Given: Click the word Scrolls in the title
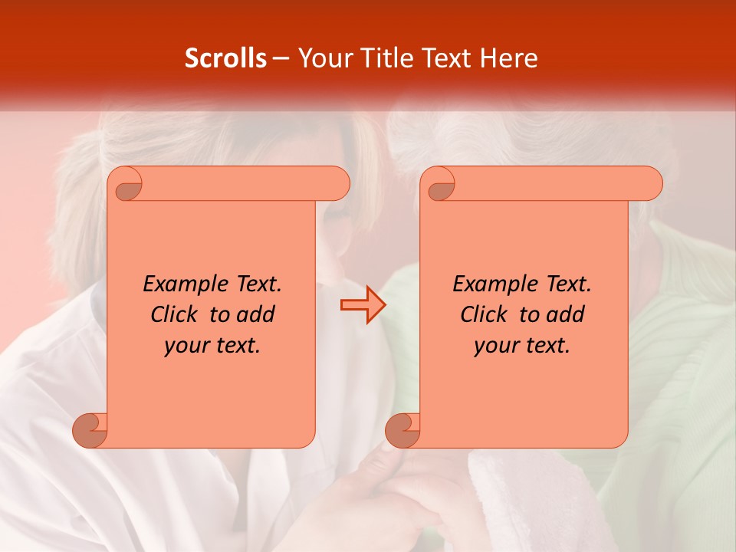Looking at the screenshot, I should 225,58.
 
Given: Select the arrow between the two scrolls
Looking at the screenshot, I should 363,305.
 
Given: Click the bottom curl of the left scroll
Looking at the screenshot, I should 90,431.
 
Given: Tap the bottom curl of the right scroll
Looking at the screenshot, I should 402,431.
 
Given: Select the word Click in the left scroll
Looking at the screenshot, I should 173,314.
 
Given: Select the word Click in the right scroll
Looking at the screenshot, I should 483,314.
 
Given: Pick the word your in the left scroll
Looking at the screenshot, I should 186,346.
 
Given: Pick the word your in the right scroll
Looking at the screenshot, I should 496,346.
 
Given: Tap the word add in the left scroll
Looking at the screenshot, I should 256,314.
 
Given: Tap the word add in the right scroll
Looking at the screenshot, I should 566,314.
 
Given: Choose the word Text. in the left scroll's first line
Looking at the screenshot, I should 255,284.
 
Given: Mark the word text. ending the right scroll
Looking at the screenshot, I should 546,346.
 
